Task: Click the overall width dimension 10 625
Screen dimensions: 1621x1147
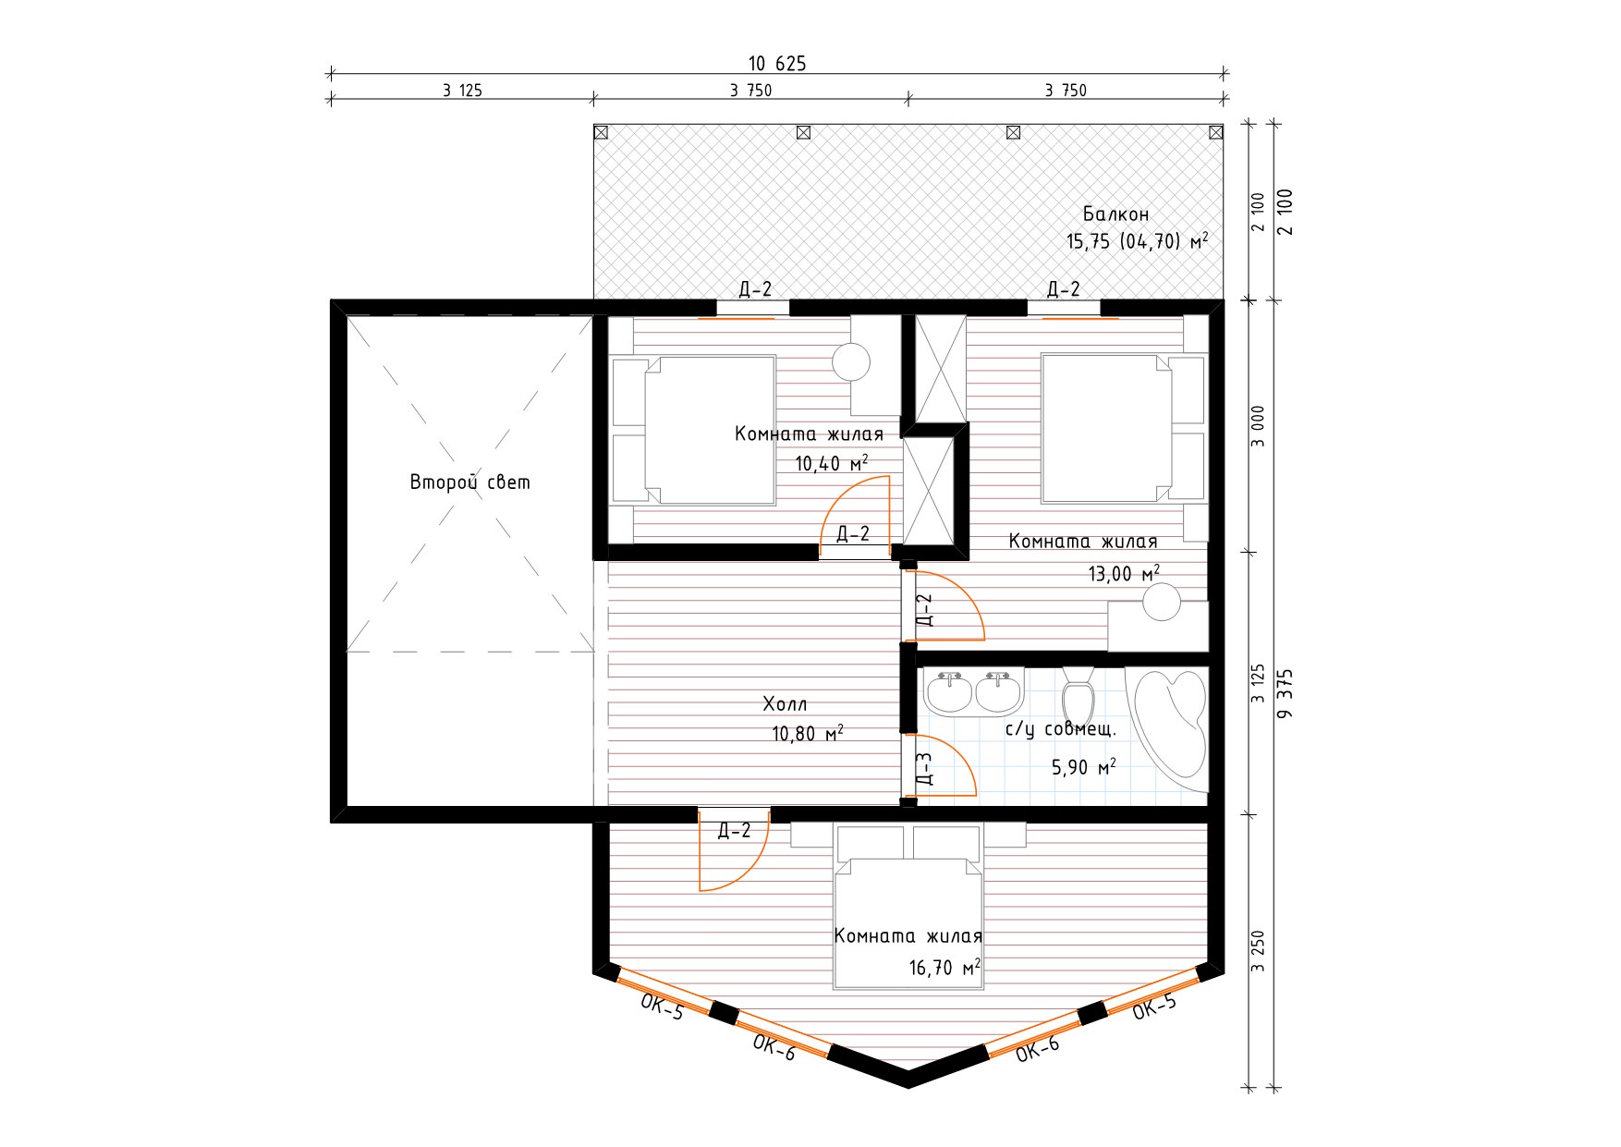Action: pos(777,64)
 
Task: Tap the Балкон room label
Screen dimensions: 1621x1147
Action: pos(1116,214)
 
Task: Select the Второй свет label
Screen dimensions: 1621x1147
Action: pos(470,482)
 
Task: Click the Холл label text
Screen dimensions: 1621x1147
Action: pos(785,704)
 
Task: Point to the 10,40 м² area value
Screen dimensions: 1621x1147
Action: pos(832,463)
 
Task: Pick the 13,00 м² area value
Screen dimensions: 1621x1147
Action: pos(1124,573)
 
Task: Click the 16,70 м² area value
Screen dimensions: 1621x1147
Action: pos(945,968)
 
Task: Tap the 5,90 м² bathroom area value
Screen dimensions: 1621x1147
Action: pos(1084,767)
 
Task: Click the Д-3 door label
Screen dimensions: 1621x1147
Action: pos(923,768)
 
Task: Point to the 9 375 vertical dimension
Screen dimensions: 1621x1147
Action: pos(1286,693)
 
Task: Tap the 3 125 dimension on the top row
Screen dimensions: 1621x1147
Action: pos(462,91)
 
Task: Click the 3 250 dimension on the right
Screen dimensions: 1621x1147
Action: pos(1258,951)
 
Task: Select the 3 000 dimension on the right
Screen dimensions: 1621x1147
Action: pos(1258,426)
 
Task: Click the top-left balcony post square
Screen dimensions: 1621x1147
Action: pos(601,132)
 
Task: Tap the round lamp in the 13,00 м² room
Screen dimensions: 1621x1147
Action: pos(1162,602)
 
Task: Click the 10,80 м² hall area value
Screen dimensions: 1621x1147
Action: pos(808,734)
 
